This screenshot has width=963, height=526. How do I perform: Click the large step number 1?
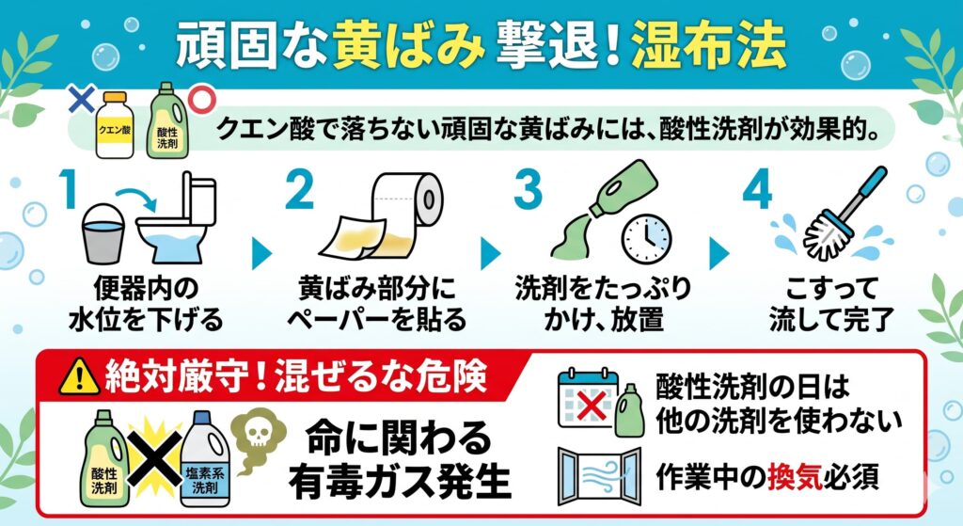(x=69, y=189)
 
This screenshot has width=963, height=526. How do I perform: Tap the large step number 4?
(x=757, y=189)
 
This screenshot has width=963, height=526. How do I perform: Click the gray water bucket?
(x=103, y=234)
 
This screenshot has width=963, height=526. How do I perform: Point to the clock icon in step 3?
(x=646, y=239)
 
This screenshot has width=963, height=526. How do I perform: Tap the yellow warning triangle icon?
(x=79, y=376)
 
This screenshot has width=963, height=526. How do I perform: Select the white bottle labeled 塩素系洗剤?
(x=205, y=459)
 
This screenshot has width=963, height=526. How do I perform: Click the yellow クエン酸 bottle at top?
(x=115, y=125)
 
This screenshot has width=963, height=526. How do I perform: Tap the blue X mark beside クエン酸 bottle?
(x=81, y=99)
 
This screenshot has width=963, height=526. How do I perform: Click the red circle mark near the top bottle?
(x=201, y=100)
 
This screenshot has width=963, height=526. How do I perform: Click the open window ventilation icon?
(x=599, y=475)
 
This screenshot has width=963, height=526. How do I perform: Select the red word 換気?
(x=795, y=476)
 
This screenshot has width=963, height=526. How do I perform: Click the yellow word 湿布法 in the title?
(x=709, y=45)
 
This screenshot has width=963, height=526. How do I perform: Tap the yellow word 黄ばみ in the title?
(x=408, y=45)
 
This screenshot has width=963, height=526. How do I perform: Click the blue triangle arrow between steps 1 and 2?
(x=261, y=252)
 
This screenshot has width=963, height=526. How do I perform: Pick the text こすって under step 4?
(x=832, y=288)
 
